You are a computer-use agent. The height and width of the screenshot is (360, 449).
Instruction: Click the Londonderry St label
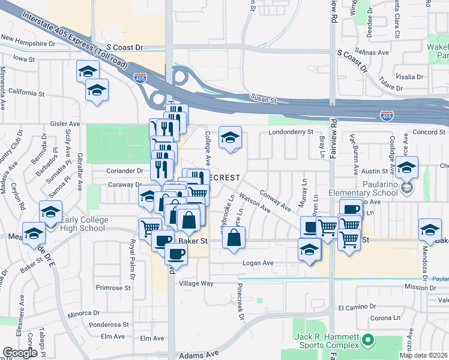[291, 131]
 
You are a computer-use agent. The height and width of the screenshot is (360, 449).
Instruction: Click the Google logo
[21, 353]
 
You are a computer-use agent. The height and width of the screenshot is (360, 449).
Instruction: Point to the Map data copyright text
[424, 355]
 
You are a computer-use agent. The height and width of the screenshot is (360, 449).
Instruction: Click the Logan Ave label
[258, 263]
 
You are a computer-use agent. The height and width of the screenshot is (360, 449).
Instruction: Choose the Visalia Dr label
[410, 77]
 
